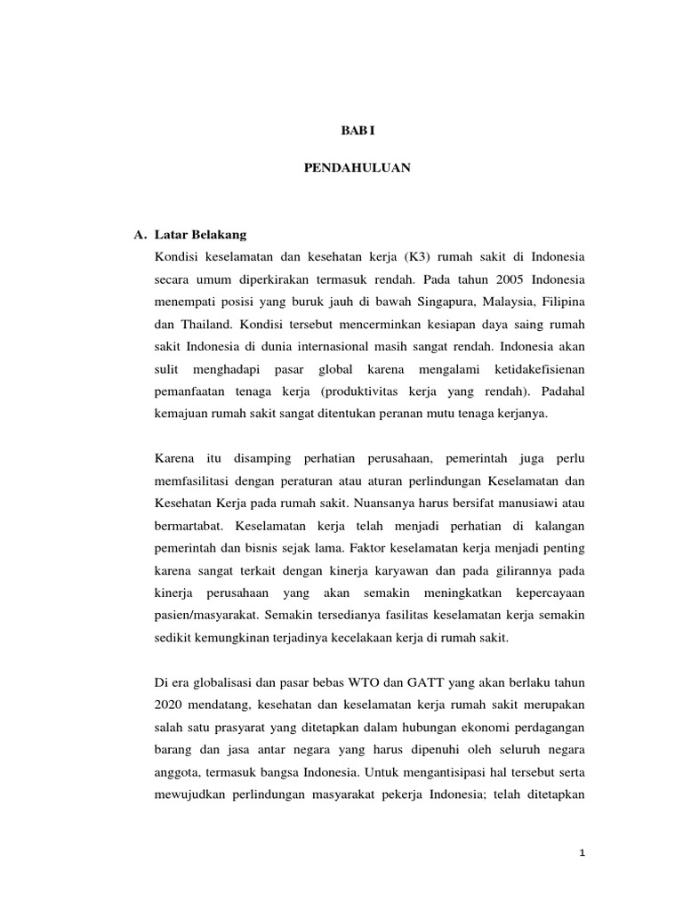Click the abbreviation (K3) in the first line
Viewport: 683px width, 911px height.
417,257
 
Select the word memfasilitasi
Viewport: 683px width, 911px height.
191,480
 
